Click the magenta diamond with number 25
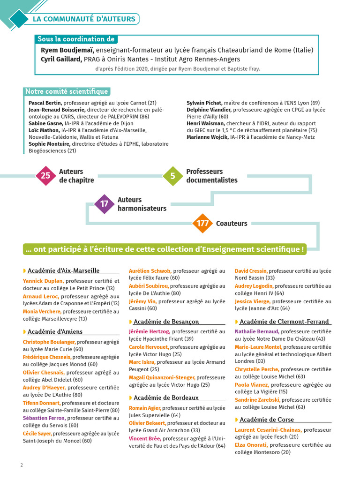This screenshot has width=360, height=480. (x=45, y=176)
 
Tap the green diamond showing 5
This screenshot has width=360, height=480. (x=172, y=176)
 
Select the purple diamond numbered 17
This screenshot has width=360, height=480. (x=104, y=204)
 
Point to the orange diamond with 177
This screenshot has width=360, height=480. (x=202, y=224)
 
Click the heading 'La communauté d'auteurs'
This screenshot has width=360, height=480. (x=84, y=19)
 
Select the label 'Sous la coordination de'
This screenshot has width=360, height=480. (x=76, y=39)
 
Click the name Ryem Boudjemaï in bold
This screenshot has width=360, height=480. (x=67, y=50)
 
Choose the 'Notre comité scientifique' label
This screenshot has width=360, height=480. (x=67, y=91)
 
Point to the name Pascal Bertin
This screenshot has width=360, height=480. (x=45, y=103)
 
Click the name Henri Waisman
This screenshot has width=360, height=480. (x=206, y=123)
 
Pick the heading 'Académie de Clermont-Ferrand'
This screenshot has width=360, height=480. (x=284, y=322)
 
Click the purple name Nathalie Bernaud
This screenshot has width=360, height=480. (x=256, y=331)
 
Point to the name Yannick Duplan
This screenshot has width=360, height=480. (x=43, y=281)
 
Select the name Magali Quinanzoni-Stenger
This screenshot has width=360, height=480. (x=162, y=377)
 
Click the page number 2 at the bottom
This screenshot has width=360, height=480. (x=22, y=465)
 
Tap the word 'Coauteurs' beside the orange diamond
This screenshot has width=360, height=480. (x=232, y=224)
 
